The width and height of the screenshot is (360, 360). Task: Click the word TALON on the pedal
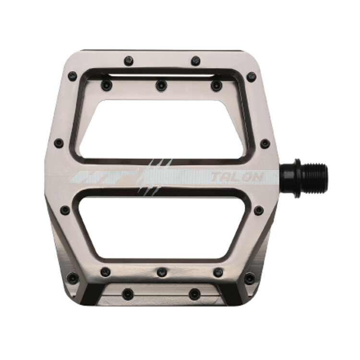point(237,177)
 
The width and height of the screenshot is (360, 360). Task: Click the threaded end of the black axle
point(314,177)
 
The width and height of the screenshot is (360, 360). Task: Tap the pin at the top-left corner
point(72,76)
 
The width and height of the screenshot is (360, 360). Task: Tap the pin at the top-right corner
point(251,76)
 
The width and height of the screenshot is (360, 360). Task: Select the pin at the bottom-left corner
point(72,277)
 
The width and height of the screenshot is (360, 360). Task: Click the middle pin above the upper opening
point(161,85)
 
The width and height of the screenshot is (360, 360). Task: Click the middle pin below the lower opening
point(161,272)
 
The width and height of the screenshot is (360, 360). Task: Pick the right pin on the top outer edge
point(195,61)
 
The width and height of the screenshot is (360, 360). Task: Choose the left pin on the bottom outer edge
point(128,293)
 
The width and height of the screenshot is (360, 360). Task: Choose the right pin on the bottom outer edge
point(194,293)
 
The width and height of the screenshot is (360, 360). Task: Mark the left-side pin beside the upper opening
point(59,143)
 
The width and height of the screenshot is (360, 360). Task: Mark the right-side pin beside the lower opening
point(259,210)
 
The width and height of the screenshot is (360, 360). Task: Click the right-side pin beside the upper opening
point(264,143)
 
